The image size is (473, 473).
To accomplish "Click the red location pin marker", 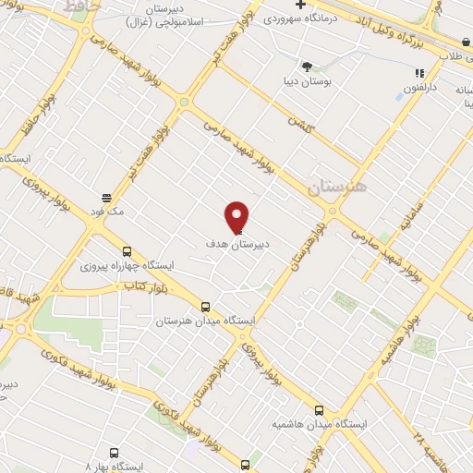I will point(236,216).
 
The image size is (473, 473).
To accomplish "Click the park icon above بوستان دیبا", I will point(307,66).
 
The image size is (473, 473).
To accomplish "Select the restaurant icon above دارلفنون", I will point(419,73).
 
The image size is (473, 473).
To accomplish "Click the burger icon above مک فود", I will point(107,198).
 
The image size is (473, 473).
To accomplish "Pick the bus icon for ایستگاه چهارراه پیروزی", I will point(127,251).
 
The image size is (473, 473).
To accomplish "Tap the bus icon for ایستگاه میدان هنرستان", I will point(205,307).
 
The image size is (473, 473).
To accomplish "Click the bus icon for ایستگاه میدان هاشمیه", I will point(320,410).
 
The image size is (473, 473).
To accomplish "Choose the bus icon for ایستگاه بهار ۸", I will point(114,453).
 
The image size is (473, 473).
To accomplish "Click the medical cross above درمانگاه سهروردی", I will point(300,5).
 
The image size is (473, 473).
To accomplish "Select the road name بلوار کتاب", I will point(142,287).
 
